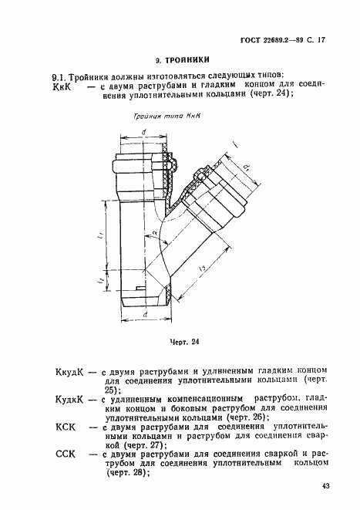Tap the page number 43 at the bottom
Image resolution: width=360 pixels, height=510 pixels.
[326, 485]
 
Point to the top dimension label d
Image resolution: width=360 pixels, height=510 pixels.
[144, 132]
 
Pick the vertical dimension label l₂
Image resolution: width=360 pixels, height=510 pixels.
[103, 283]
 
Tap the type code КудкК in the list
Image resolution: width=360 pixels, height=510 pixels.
[69, 397]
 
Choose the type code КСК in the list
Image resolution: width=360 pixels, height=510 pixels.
[65, 426]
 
